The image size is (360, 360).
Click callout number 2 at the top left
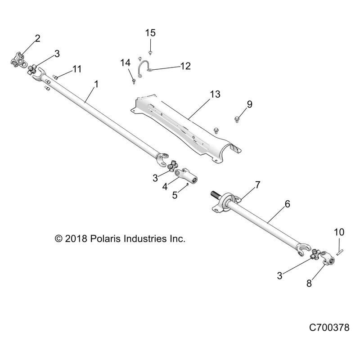[37, 38]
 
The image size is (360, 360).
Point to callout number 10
[339, 232]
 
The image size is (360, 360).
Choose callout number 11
[76, 69]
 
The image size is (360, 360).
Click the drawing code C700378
[329, 341]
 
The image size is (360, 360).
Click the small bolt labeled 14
[135, 81]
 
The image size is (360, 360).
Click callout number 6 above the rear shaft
[287, 204]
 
